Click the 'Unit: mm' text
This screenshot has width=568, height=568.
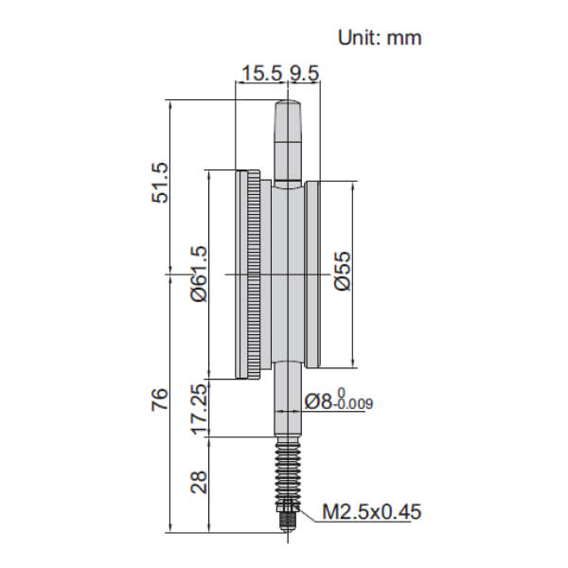[x=380, y=38]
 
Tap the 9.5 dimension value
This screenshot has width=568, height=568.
[x=301, y=72]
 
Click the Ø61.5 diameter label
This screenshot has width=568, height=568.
[x=198, y=275]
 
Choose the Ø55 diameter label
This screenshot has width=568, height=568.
[x=343, y=275]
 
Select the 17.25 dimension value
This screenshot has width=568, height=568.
[x=198, y=408]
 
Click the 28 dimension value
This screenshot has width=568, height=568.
[x=198, y=484]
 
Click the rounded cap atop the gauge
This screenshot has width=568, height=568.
[x=289, y=123]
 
